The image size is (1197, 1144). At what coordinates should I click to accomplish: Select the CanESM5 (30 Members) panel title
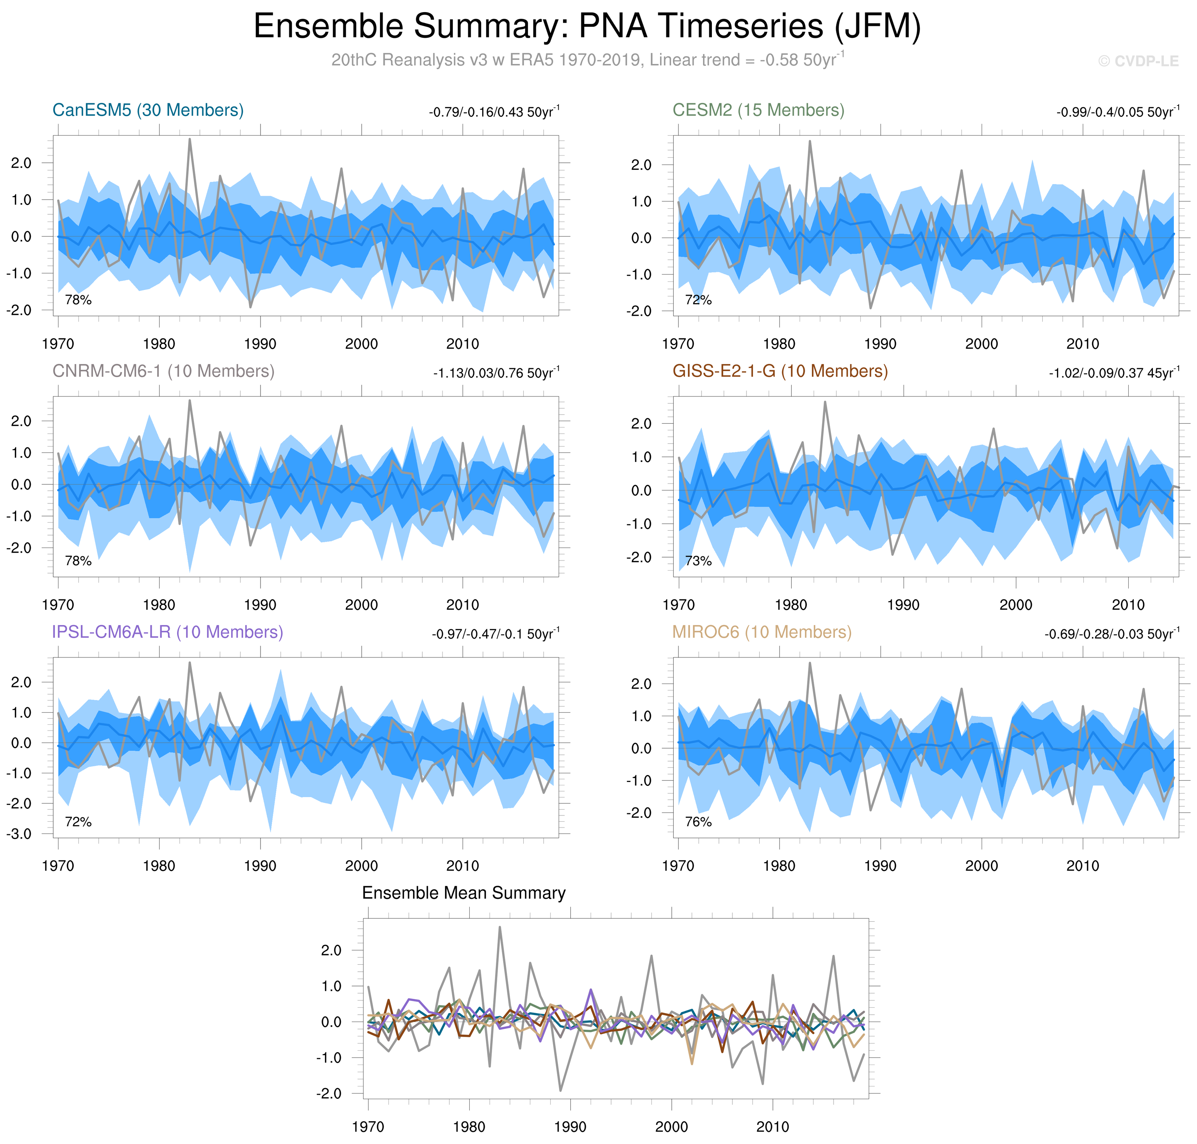click(x=148, y=110)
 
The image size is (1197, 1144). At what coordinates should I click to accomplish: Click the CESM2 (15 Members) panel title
click(x=758, y=110)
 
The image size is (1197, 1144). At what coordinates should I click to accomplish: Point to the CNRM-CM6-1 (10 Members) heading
click(x=164, y=372)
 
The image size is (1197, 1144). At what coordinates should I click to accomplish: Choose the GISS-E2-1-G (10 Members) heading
click(x=780, y=372)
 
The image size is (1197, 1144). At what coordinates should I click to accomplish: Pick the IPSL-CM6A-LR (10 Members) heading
click(x=168, y=632)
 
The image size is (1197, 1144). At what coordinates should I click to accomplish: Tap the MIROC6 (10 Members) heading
click(x=761, y=632)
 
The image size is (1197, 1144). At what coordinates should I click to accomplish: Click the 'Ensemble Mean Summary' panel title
click(x=463, y=893)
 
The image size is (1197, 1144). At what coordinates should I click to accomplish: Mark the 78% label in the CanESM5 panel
click(x=78, y=300)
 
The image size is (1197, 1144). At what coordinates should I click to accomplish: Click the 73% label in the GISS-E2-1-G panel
click(x=698, y=561)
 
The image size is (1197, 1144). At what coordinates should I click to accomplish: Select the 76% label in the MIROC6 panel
click(x=698, y=822)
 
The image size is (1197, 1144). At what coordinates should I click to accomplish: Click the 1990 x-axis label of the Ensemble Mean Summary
click(x=570, y=1127)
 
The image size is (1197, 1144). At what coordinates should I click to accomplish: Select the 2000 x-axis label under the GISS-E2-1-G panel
click(x=1015, y=605)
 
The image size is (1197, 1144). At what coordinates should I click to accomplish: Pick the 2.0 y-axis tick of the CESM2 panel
click(x=641, y=165)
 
